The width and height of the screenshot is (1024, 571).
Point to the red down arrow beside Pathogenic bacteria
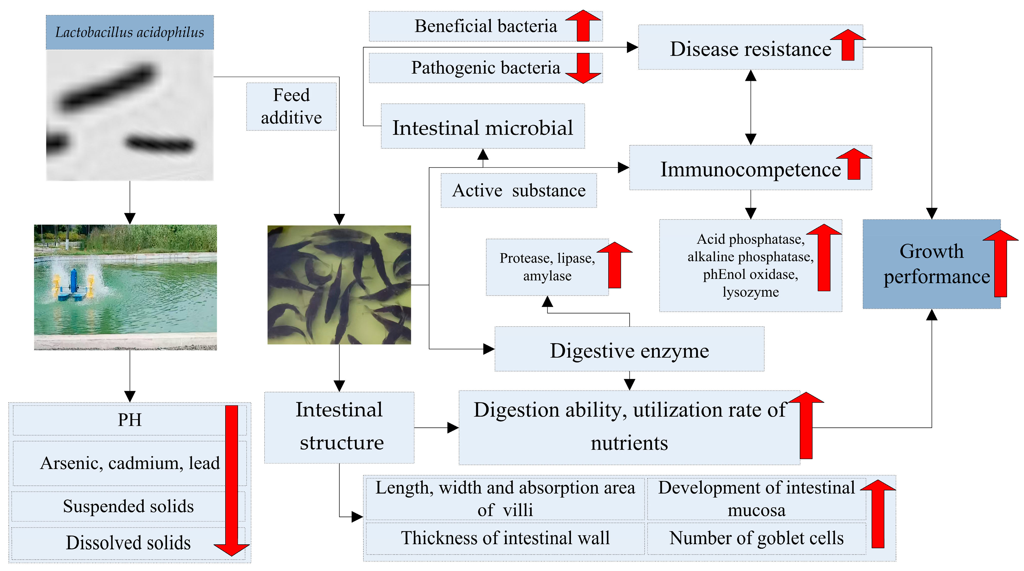click(583, 68)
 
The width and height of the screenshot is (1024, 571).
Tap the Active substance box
click(518, 191)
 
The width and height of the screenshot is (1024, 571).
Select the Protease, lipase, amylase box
click(547, 267)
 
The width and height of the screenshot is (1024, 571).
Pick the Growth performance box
click(931, 264)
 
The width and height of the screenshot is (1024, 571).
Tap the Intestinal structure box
click(339, 427)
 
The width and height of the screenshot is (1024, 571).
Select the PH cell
click(129, 420)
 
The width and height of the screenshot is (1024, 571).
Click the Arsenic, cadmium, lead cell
click(129, 463)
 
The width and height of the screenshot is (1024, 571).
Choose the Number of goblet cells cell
click(756, 538)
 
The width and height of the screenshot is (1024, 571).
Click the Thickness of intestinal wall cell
click(505, 538)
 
